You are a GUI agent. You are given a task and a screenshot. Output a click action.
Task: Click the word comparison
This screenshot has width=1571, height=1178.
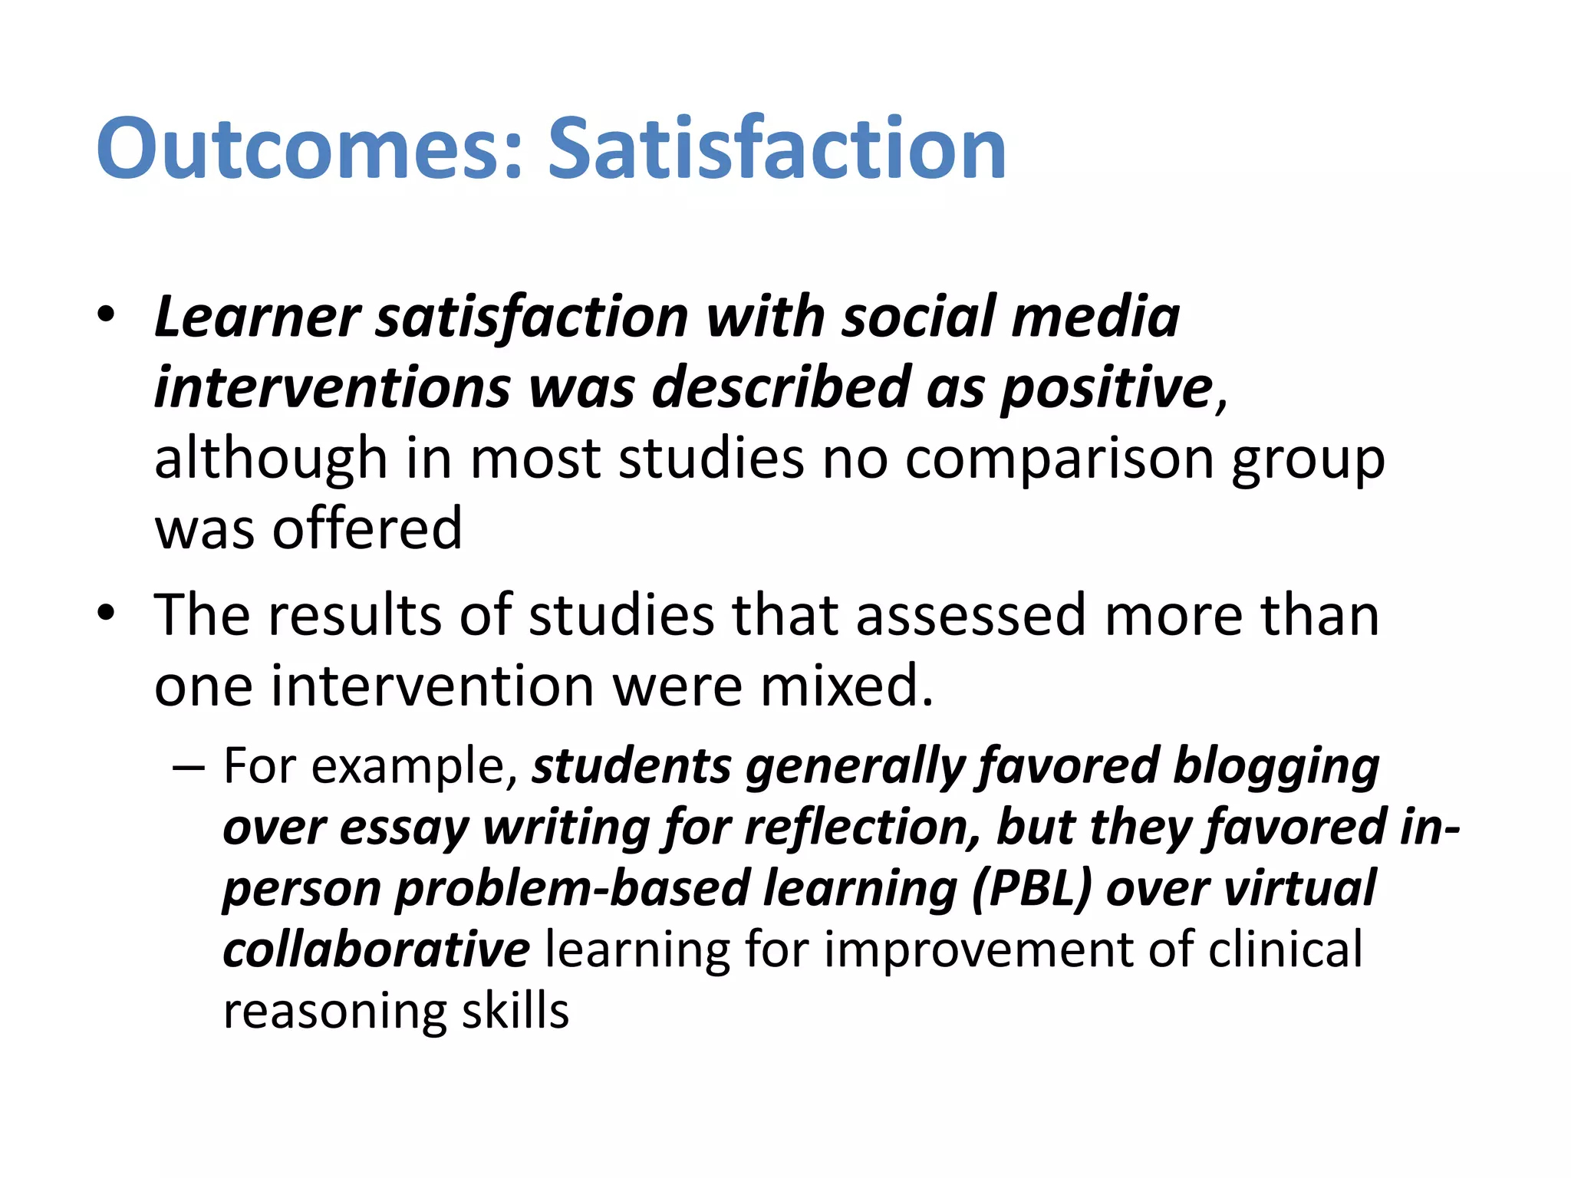point(1059,459)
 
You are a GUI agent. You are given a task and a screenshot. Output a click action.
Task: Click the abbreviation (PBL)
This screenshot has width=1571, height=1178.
point(1031,888)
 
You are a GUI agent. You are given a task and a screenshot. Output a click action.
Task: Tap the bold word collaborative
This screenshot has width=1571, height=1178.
point(376,949)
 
